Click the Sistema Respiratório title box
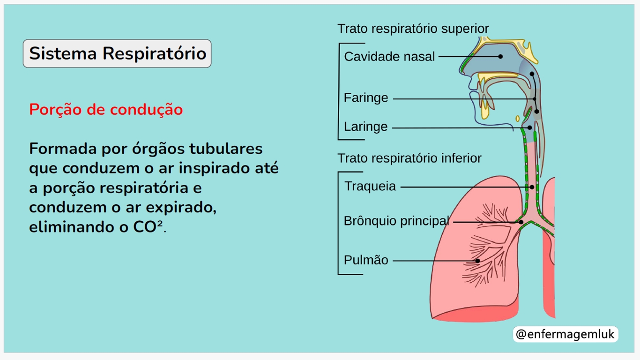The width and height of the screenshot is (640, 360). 117,53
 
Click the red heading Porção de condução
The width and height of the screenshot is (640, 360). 106,110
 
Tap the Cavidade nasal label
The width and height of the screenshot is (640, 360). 389,56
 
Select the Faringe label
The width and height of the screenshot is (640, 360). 366,98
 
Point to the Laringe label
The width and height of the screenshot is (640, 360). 366,127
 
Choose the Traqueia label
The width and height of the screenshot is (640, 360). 370,186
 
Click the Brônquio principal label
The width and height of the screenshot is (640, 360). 396,221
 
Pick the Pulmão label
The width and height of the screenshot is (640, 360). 366,260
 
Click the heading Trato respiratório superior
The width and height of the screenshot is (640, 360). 413,29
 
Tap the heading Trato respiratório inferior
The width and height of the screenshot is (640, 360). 409,158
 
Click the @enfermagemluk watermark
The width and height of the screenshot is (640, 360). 566,334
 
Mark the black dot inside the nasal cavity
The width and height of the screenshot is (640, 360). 500,57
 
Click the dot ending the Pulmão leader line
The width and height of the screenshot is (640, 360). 477,261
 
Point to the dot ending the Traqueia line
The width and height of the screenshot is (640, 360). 532,187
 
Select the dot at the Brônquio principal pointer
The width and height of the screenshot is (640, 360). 521,222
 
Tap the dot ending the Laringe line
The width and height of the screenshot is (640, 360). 530,128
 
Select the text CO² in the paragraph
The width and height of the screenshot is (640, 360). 148,227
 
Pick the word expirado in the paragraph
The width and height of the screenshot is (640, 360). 181,208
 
